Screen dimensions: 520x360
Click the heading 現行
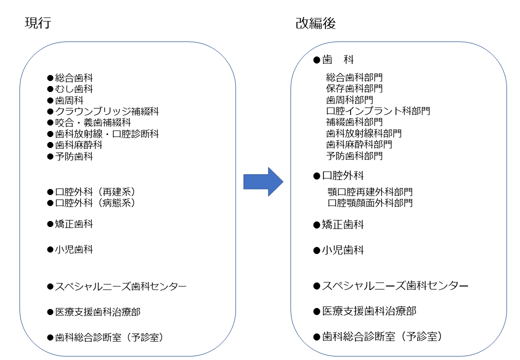click(38, 23)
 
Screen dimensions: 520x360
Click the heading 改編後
click(315, 23)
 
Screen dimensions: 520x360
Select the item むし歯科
click(73, 89)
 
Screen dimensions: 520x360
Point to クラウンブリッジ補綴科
click(107, 111)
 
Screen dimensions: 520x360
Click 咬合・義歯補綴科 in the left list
click(93, 122)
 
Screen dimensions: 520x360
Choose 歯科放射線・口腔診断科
click(107, 134)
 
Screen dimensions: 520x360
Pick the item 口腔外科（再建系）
click(95, 192)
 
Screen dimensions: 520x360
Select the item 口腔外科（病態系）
click(95, 203)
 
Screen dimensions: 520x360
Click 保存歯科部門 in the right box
click(354, 88)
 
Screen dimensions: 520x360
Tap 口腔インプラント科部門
click(378, 110)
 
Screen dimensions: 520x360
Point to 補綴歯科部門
click(354, 122)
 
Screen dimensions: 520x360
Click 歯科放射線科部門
click(364, 133)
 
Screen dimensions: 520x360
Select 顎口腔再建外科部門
click(370, 191)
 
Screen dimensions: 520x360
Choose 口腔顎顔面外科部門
click(370, 202)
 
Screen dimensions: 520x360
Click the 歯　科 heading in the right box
click(338, 59)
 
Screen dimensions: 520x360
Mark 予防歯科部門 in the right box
click(354, 156)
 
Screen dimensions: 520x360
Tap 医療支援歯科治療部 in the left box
click(97, 312)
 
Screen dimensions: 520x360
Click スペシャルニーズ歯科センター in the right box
click(395, 285)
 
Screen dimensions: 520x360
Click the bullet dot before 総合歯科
click(50, 78)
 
